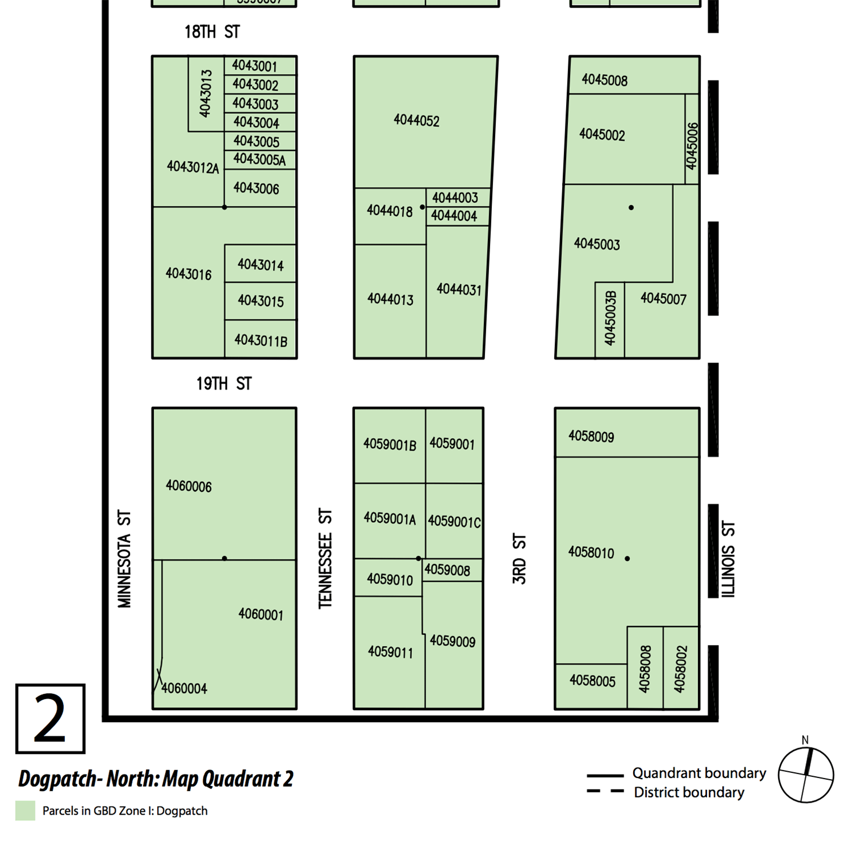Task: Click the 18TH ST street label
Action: tap(212, 32)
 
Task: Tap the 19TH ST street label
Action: tap(224, 384)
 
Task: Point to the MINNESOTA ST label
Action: tap(124, 559)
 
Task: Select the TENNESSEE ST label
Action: tap(325, 559)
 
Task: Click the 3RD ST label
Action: tap(519, 559)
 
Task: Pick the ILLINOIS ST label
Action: tap(728, 559)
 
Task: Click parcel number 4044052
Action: tap(416, 121)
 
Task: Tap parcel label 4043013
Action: tap(206, 94)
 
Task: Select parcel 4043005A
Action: tap(260, 159)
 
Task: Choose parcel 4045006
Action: tap(692, 146)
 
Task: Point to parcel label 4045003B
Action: tap(610, 318)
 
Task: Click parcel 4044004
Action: tap(454, 216)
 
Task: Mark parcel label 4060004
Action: tap(184, 688)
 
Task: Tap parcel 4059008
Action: tap(447, 570)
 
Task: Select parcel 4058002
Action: tap(681, 669)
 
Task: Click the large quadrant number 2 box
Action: tap(50, 719)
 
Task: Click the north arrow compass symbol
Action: tap(806, 775)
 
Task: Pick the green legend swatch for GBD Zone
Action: tap(25, 811)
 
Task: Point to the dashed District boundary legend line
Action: tap(605, 791)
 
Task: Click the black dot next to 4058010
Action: tap(628, 559)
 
